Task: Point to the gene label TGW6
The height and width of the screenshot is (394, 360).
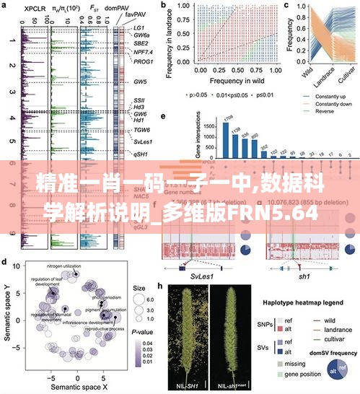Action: [144, 130]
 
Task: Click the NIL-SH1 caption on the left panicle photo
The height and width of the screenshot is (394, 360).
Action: [186, 386]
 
